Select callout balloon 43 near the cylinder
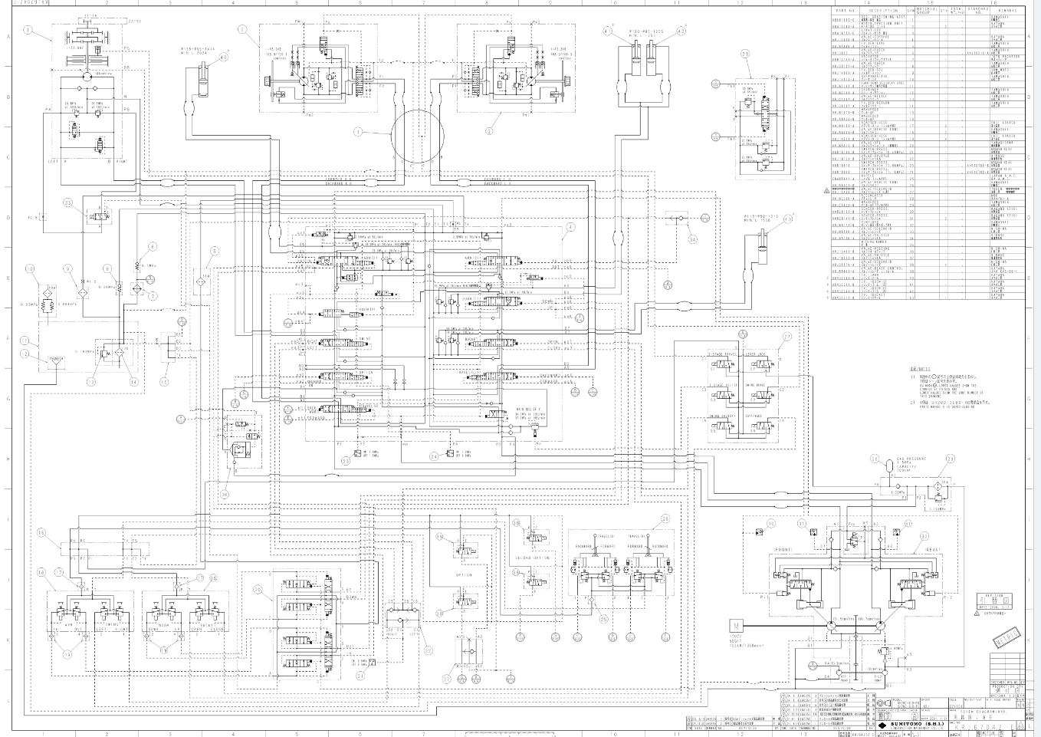[x=224, y=57]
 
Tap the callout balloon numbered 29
[x=745, y=54]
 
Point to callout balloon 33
[x=67, y=203]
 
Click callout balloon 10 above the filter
[x=30, y=268]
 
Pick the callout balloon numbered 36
[x=225, y=495]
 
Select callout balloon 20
[x=258, y=589]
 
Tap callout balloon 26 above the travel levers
[x=665, y=519]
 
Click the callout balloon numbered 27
[x=786, y=337]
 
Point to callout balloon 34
[x=693, y=239]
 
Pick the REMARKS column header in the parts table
[x=1007, y=11]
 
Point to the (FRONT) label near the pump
[x=783, y=550]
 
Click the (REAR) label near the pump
[x=933, y=550]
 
